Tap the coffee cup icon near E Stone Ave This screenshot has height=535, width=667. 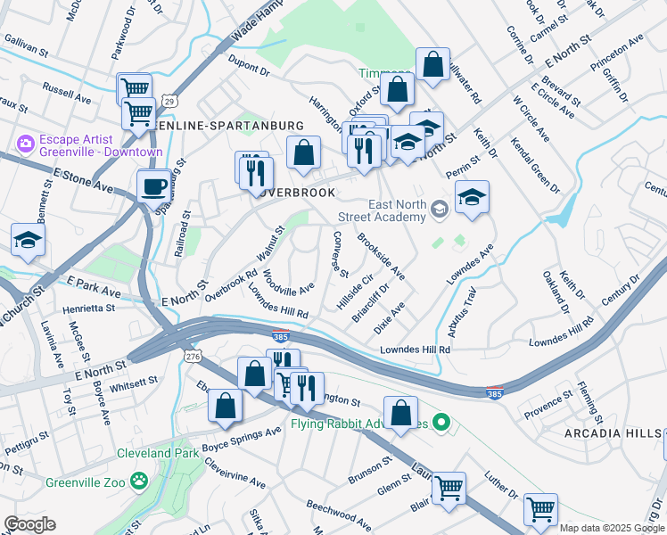[x=153, y=187]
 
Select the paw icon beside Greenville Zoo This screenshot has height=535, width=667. [x=139, y=481]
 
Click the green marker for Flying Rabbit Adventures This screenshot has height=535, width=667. [x=439, y=421]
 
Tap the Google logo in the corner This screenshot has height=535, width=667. [x=29, y=524]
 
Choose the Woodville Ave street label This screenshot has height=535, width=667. [x=288, y=283]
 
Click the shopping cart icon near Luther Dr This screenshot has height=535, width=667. [x=540, y=510]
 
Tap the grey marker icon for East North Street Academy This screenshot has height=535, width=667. [x=439, y=210]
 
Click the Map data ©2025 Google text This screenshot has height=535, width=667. [x=612, y=528]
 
